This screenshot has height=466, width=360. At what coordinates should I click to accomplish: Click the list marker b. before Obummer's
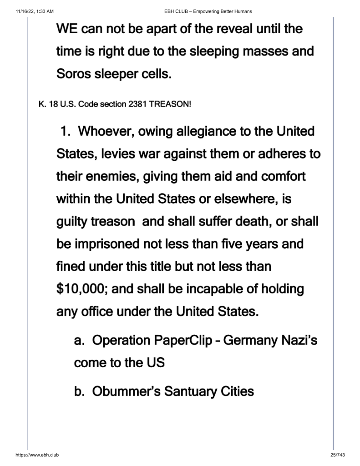[x=81, y=391]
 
